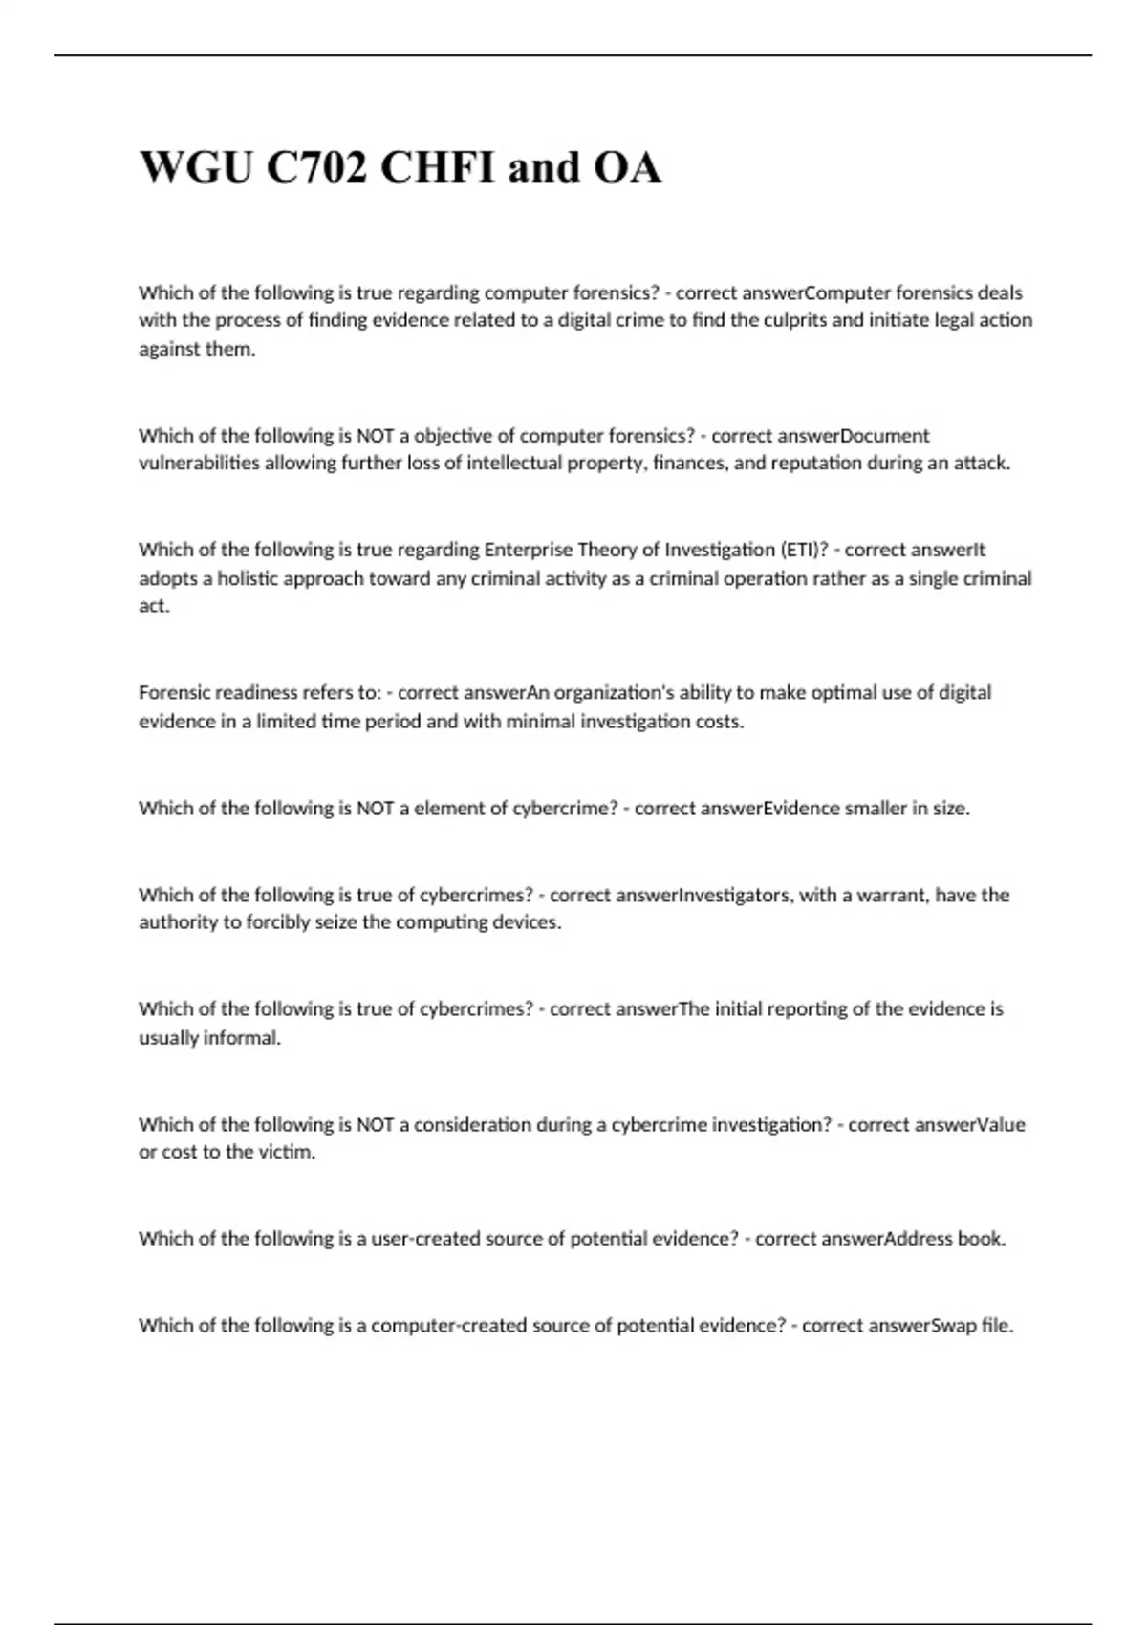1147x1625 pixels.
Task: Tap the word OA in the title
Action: pyautogui.click(x=627, y=168)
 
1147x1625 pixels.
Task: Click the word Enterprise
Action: pyautogui.click(x=530, y=550)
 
